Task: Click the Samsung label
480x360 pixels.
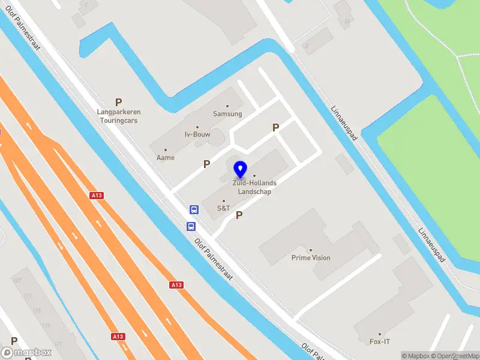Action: point(227,113)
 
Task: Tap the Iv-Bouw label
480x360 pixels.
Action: point(197,134)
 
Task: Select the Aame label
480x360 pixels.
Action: point(166,157)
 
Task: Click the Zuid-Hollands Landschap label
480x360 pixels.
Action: point(254,188)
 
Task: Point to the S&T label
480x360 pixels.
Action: point(224,208)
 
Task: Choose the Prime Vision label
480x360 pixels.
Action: point(311,258)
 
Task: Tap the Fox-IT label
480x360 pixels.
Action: point(379,341)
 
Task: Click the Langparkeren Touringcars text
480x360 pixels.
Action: point(118,116)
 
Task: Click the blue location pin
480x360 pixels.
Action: point(241,169)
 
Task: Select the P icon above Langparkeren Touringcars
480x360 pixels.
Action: point(119,103)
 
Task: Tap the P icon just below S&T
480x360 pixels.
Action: point(239,215)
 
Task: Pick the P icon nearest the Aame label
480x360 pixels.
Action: point(207,164)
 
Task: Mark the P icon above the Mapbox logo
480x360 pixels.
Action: point(14,341)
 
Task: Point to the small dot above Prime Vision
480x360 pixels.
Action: point(311,250)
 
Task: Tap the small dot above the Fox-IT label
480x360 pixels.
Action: point(379,334)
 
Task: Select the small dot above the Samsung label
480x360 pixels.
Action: point(227,106)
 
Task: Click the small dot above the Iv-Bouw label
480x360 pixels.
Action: point(197,127)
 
